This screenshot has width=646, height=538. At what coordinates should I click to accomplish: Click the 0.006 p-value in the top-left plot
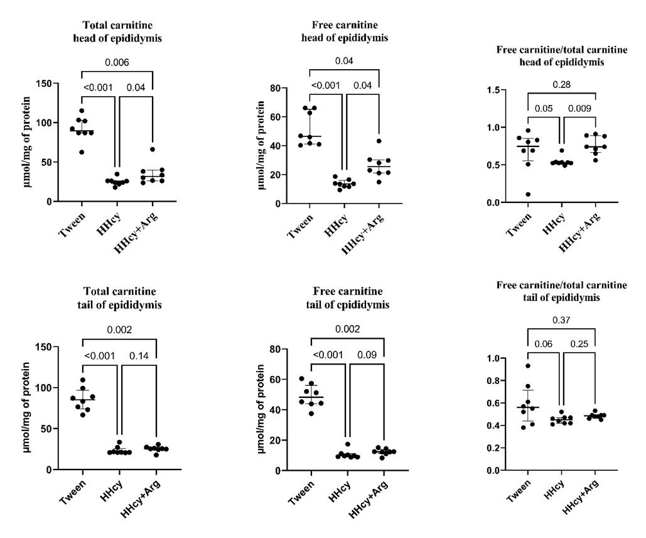(117, 63)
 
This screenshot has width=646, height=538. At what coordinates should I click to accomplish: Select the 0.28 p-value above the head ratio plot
(561, 84)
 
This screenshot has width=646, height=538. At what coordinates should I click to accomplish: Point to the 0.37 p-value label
(561, 320)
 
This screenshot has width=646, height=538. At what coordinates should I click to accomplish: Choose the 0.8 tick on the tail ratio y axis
(496, 381)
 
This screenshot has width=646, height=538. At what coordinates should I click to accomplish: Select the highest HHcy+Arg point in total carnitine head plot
(152, 150)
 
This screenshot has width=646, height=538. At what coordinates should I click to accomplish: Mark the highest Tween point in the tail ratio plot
(528, 366)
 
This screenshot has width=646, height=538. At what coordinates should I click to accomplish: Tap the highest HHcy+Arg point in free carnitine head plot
(379, 141)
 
